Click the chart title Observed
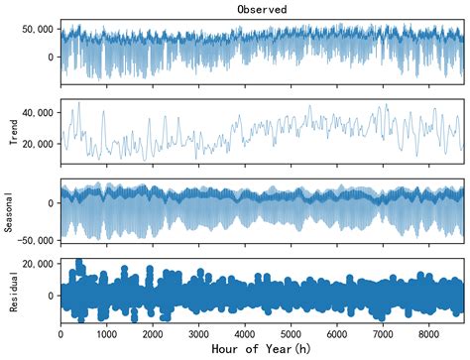tap(262, 9)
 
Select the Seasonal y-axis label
tap(12, 210)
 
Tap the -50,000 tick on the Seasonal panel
tap(34, 240)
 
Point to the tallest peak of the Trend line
tap(79, 102)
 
